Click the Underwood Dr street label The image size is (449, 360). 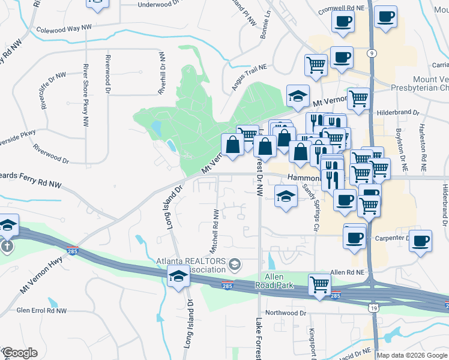[x=158, y=5]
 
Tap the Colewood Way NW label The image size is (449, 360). [x=65, y=29]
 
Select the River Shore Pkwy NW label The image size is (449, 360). [x=86, y=95]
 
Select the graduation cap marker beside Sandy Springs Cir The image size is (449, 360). [x=286, y=196]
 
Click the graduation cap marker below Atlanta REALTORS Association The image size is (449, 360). [x=178, y=277]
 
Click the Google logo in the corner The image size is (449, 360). [x=19, y=353]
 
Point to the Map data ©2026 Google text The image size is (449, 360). [x=412, y=355]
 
